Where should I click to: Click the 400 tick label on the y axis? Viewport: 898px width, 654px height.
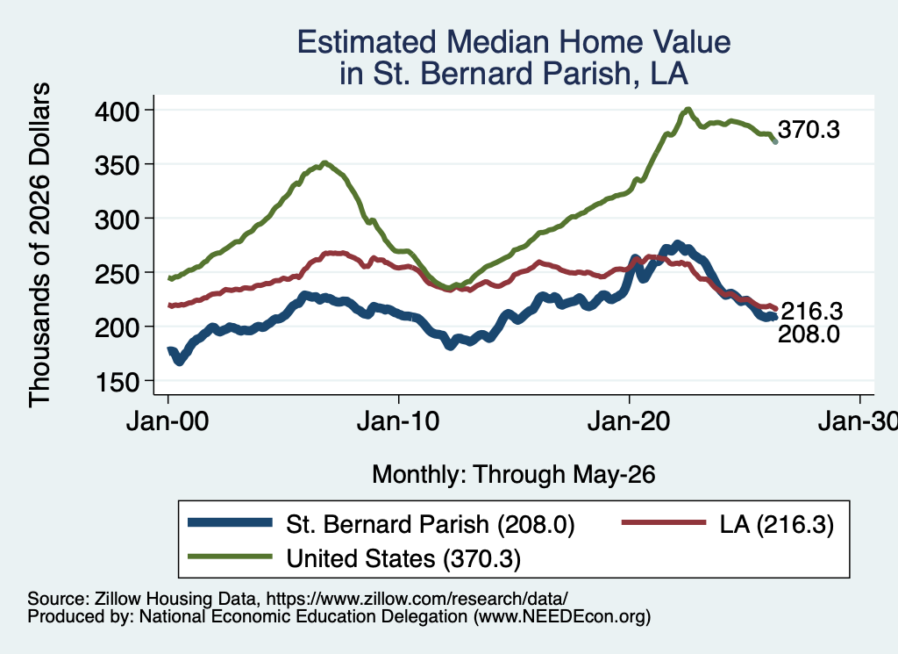(118, 111)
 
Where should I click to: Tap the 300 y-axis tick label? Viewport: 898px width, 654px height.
(118, 219)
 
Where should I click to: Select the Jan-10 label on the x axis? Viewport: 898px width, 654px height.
(398, 422)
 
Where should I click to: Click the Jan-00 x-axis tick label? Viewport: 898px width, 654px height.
(167, 422)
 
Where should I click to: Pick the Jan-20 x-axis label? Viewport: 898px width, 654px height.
(629, 422)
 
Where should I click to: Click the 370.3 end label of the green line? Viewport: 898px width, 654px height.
(809, 130)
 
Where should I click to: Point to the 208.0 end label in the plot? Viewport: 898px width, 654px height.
(809, 334)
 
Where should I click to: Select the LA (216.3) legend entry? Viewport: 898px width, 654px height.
(777, 524)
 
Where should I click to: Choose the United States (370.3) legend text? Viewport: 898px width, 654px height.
(403, 558)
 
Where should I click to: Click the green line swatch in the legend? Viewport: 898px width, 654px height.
(231, 556)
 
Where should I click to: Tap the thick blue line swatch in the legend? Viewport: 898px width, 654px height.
(231, 522)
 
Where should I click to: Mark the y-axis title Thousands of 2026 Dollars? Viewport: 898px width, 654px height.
(39, 245)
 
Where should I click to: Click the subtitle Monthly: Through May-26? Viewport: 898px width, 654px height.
(514, 475)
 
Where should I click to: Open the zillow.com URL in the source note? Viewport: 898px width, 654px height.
(417, 599)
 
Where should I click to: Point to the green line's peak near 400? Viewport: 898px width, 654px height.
(688, 110)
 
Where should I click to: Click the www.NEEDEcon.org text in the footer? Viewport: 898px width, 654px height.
(562, 617)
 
